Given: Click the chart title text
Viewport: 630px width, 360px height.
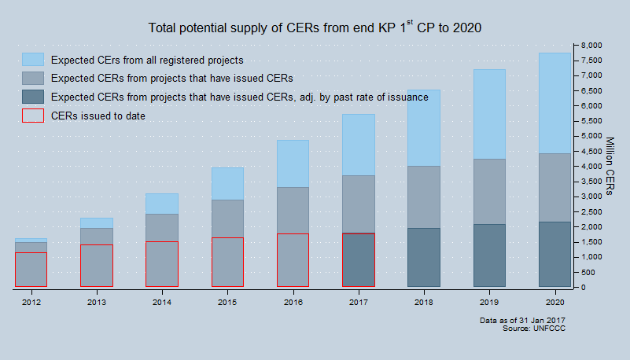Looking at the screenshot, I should click(315, 28).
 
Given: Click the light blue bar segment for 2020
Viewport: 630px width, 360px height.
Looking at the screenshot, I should click(554, 103).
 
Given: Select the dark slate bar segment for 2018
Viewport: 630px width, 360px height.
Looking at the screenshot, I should click(423, 257).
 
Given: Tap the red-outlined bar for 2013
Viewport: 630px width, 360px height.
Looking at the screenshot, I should click(97, 266).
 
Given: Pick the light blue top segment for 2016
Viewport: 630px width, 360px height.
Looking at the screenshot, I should click(293, 163).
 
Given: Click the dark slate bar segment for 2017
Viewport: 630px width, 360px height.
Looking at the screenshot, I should click(358, 259).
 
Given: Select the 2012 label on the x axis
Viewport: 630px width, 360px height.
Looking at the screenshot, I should click(31, 301).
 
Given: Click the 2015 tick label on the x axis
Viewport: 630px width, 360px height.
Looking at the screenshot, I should click(227, 301).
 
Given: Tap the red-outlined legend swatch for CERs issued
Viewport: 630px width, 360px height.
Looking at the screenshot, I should click(33, 116).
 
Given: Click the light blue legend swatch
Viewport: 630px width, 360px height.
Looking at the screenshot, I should click(33, 60).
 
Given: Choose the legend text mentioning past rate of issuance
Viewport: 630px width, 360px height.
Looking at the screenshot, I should click(239, 97).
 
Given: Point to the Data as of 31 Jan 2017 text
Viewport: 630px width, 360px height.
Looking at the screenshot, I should click(522, 320).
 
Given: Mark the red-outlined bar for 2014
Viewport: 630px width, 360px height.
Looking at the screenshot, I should click(162, 263).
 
